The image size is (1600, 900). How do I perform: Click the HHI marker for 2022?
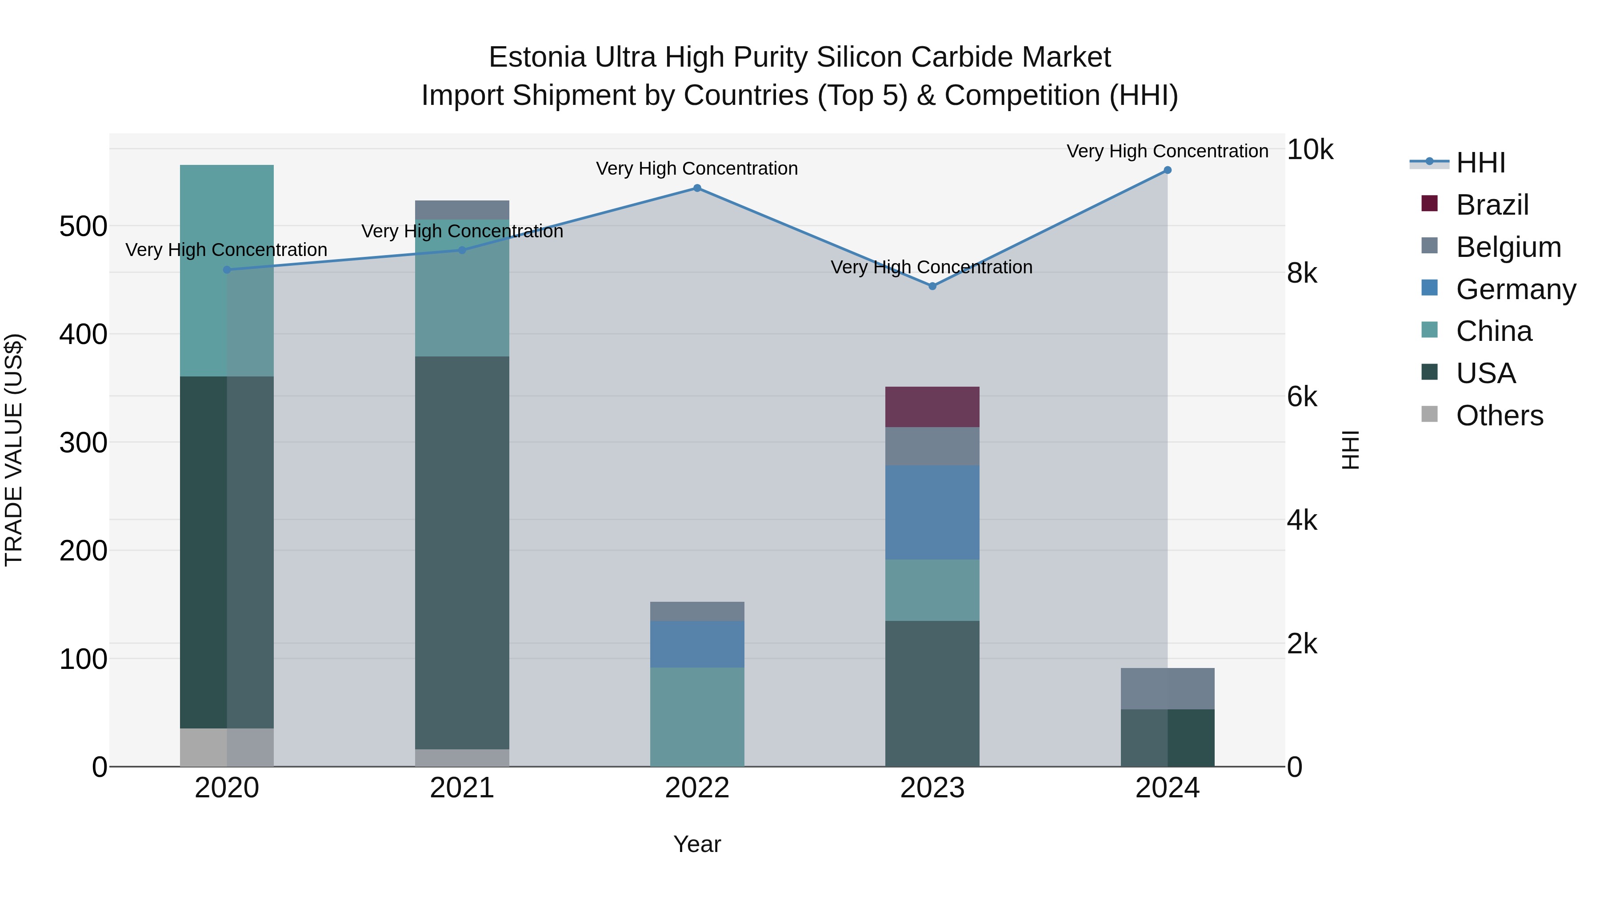[x=697, y=188]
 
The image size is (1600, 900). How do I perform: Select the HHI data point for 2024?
[x=1167, y=170]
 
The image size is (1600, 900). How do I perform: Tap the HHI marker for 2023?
[x=932, y=286]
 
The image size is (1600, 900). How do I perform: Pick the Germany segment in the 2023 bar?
[x=932, y=512]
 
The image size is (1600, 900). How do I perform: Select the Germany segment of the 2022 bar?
[x=697, y=644]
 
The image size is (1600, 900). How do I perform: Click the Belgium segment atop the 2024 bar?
[x=1167, y=689]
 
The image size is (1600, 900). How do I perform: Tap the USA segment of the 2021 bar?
[x=461, y=553]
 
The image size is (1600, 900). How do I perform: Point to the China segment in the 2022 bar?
[x=697, y=717]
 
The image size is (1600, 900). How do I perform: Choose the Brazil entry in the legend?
[x=1492, y=205]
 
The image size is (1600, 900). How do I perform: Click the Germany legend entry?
[x=1516, y=289]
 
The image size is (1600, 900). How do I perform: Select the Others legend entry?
[x=1500, y=416]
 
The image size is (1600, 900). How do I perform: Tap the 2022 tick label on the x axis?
[x=697, y=788]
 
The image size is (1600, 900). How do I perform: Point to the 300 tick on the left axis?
[x=83, y=443]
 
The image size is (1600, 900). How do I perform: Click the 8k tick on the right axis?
[x=1302, y=273]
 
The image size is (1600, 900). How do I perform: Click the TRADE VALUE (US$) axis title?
[x=14, y=450]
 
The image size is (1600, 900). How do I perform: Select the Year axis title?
[x=697, y=844]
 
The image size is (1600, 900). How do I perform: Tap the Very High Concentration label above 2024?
[x=1167, y=151]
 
